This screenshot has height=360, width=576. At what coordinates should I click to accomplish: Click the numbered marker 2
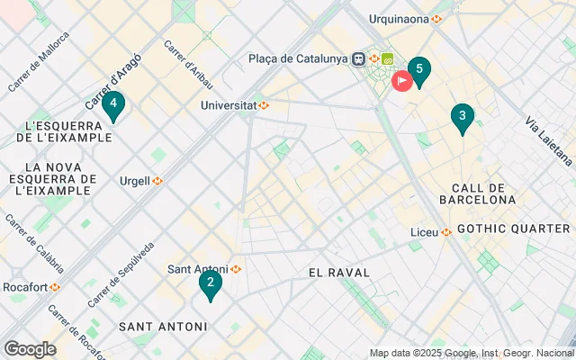pyautogui.click(x=210, y=284)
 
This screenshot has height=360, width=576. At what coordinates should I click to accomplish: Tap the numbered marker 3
pyautogui.click(x=462, y=117)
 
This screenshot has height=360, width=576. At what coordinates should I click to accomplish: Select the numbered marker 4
pyautogui.click(x=112, y=105)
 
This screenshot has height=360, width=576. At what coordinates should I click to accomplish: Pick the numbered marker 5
pyautogui.click(x=418, y=70)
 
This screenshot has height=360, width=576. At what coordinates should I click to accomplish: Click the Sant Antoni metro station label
pyautogui.click(x=204, y=269)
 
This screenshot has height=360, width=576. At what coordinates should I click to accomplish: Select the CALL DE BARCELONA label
pyautogui.click(x=477, y=193)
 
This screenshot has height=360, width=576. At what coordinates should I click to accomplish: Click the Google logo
pyautogui.click(x=30, y=349)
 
